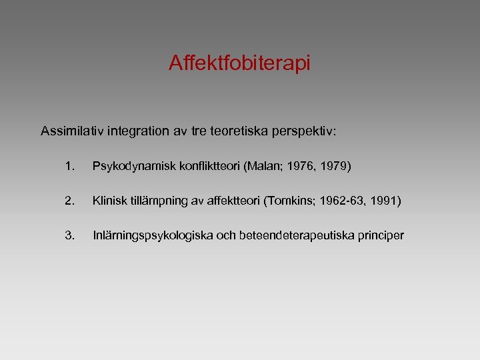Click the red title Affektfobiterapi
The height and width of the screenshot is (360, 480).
click(239, 63)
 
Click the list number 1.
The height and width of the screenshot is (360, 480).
click(71, 165)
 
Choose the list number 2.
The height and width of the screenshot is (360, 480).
click(71, 200)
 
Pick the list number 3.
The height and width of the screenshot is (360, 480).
click(71, 235)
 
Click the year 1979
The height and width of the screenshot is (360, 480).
click(335, 165)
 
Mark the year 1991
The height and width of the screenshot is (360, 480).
click(385, 200)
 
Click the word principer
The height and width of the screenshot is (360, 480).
click(381, 235)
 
